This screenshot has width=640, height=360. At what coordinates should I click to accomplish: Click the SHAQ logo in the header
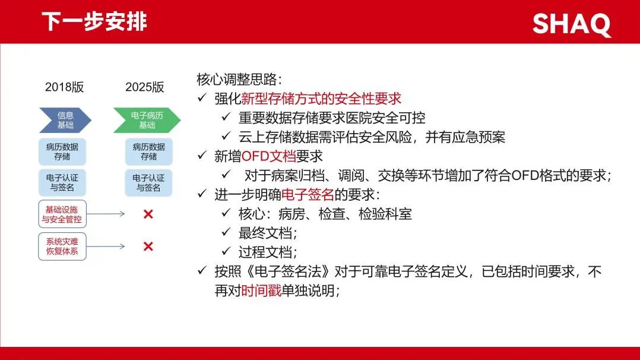point(571,24)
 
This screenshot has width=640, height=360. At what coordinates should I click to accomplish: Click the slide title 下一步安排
point(94,21)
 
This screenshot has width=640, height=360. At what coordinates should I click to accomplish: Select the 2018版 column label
point(65,87)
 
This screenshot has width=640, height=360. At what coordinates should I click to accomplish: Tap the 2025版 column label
point(144,87)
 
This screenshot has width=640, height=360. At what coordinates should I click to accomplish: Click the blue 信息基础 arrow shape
point(65,120)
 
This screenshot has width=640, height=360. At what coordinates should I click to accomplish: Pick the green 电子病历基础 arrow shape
point(147,120)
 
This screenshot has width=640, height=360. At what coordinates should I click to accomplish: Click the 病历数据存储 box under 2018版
point(62,151)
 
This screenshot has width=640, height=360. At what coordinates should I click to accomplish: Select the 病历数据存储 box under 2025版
point(148,151)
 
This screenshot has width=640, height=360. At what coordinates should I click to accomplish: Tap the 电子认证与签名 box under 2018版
point(62,182)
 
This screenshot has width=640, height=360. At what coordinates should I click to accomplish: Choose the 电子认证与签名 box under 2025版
point(148,182)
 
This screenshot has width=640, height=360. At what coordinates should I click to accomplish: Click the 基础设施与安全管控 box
point(62,214)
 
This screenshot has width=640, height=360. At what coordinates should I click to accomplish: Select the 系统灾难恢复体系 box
point(62,247)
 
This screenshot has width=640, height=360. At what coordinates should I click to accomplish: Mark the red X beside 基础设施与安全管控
point(148,214)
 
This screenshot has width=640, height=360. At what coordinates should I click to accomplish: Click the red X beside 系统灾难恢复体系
point(148,247)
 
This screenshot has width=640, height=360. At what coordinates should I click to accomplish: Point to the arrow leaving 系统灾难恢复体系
point(106,247)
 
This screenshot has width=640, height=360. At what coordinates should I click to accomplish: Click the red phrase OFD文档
point(268,156)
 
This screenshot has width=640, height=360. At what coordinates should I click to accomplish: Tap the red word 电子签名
point(308,194)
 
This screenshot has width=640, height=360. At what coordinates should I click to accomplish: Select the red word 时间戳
point(261,290)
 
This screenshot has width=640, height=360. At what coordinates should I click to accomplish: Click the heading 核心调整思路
point(239,79)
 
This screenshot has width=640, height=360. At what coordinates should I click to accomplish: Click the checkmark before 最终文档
point(226,232)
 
